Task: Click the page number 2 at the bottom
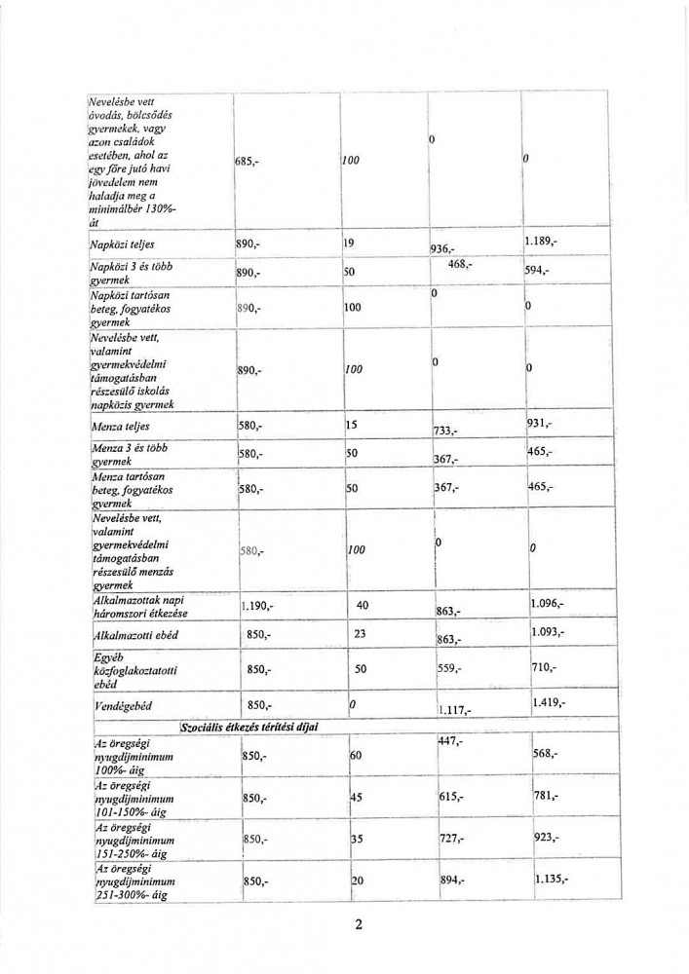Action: click(x=359, y=924)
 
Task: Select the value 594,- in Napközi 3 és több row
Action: click(x=538, y=272)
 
